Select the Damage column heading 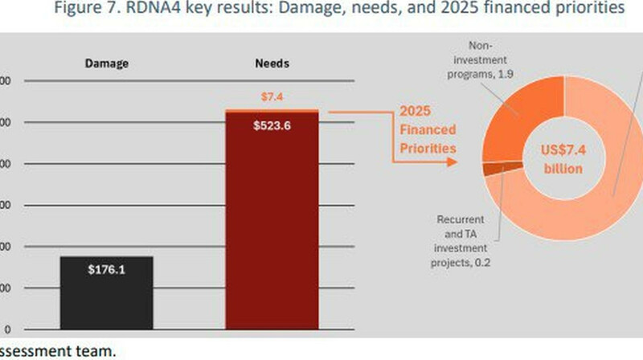coord(107,62)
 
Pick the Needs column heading coord(272,62)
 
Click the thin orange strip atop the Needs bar coord(272,110)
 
